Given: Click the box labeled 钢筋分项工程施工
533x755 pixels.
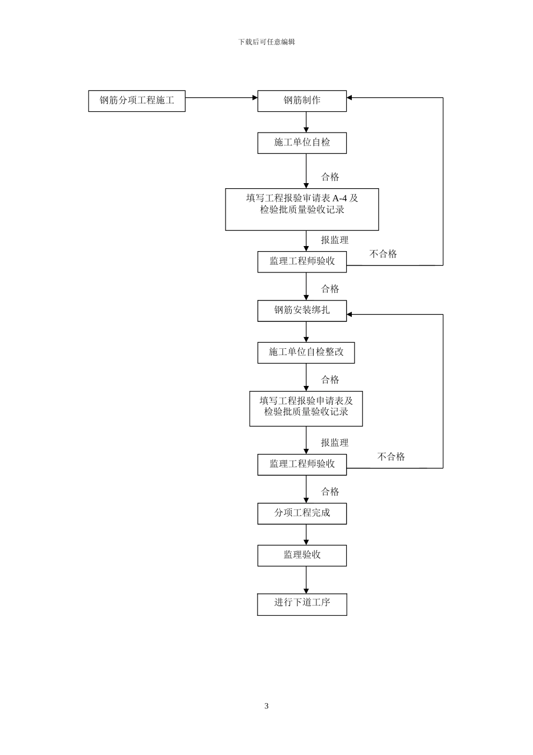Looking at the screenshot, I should [136, 101].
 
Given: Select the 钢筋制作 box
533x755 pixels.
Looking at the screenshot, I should [302, 101].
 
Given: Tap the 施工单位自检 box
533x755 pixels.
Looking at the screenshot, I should [302, 143].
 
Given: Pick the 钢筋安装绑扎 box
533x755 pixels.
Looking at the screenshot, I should [302, 311].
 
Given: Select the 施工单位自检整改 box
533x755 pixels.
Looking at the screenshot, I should [306, 352].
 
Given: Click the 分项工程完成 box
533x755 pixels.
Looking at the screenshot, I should [302, 513].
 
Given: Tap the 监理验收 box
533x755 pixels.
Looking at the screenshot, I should [302, 556].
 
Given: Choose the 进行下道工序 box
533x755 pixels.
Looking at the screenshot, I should [302, 603].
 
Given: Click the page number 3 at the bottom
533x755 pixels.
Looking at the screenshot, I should [266, 706].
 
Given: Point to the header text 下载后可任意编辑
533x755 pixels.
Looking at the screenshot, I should [266, 42].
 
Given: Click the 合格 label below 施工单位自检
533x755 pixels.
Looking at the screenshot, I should [330, 177].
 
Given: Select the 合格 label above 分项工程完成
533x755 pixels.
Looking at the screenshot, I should [330, 492].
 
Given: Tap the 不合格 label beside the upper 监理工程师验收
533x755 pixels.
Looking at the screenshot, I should [383, 254].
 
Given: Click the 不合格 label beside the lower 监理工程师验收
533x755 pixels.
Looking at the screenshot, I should [391, 457].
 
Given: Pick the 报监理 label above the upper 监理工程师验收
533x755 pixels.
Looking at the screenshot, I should [334, 240].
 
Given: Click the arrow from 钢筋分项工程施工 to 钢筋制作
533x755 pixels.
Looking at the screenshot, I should [221, 98].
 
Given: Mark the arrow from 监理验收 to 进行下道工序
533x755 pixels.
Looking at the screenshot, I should [306, 580].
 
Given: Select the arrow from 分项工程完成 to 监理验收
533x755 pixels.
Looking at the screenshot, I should [306, 535].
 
